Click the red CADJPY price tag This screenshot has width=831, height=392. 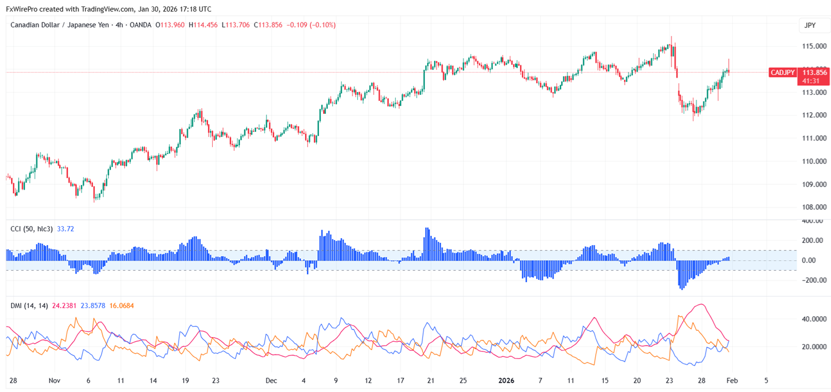(x=782, y=72)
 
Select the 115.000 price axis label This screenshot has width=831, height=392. (x=814, y=46)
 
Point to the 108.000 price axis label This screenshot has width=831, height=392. (x=814, y=208)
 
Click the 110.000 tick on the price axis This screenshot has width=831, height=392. (x=814, y=161)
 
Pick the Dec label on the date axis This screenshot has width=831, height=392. (x=271, y=380)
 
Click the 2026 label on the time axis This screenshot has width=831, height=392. (x=506, y=380)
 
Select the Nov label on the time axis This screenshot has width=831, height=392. (x=54, y=380)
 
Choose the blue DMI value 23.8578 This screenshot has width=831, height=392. (x=92, y=305)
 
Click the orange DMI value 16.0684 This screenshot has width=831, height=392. (x=121, y=305)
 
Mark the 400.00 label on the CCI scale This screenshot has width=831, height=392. (x=812, y=221)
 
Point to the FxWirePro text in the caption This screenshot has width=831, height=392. (x=21, y=9)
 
